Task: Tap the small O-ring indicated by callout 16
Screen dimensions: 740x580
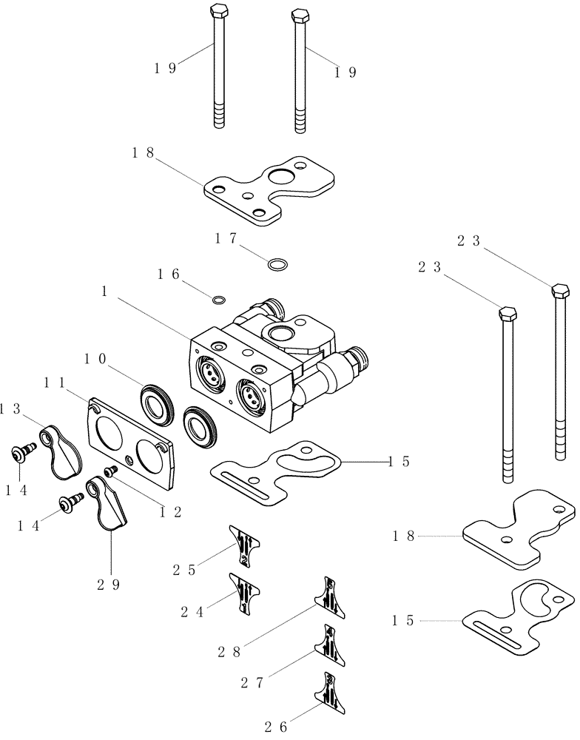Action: click(x=218, y=300)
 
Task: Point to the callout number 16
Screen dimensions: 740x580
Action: click(x=168, y=275)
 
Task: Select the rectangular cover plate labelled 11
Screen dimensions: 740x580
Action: click(x=130, y=443)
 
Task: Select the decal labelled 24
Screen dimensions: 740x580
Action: click(x=245, y=591)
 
